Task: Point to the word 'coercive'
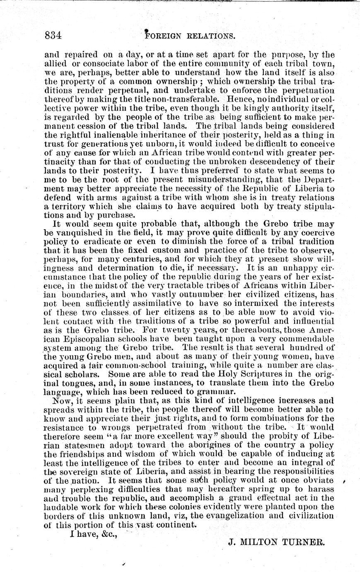click(318, 233)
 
